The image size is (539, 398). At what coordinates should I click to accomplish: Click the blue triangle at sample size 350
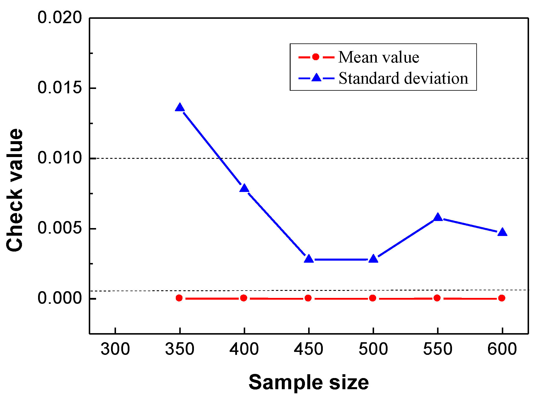(180, 108)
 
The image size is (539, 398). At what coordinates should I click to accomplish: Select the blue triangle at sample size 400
(244, 188)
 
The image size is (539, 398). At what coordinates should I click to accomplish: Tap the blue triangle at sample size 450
(309, 259)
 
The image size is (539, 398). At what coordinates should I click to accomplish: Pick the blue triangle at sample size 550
(438, 217)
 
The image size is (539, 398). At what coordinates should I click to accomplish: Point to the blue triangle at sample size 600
(502, 232)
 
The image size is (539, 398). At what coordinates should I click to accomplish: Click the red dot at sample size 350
(179, 298)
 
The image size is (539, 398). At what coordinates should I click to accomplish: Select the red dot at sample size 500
(373, 298)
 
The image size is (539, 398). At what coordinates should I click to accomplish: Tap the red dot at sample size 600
(502, 298)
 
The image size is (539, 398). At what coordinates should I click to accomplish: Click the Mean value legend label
(378, 57)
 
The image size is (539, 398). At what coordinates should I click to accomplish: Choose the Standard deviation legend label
(403, 78)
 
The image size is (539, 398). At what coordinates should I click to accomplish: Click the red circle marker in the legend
(316, 57)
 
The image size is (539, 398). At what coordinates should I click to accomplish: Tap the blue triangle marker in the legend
(316, 78)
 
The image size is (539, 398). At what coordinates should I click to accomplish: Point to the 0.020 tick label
(60, 18)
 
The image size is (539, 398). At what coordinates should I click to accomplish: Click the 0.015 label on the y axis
(60, 88)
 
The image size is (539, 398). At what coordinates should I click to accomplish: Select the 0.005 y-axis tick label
(60, 228)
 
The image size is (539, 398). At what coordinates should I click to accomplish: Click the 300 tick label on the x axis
(115, 349)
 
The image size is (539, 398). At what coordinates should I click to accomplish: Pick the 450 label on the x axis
(308, 349)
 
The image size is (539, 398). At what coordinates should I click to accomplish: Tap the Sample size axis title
(308, 382)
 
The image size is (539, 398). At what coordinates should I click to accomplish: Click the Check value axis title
(15, 190)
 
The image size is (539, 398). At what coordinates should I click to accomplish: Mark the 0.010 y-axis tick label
(60, 158)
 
